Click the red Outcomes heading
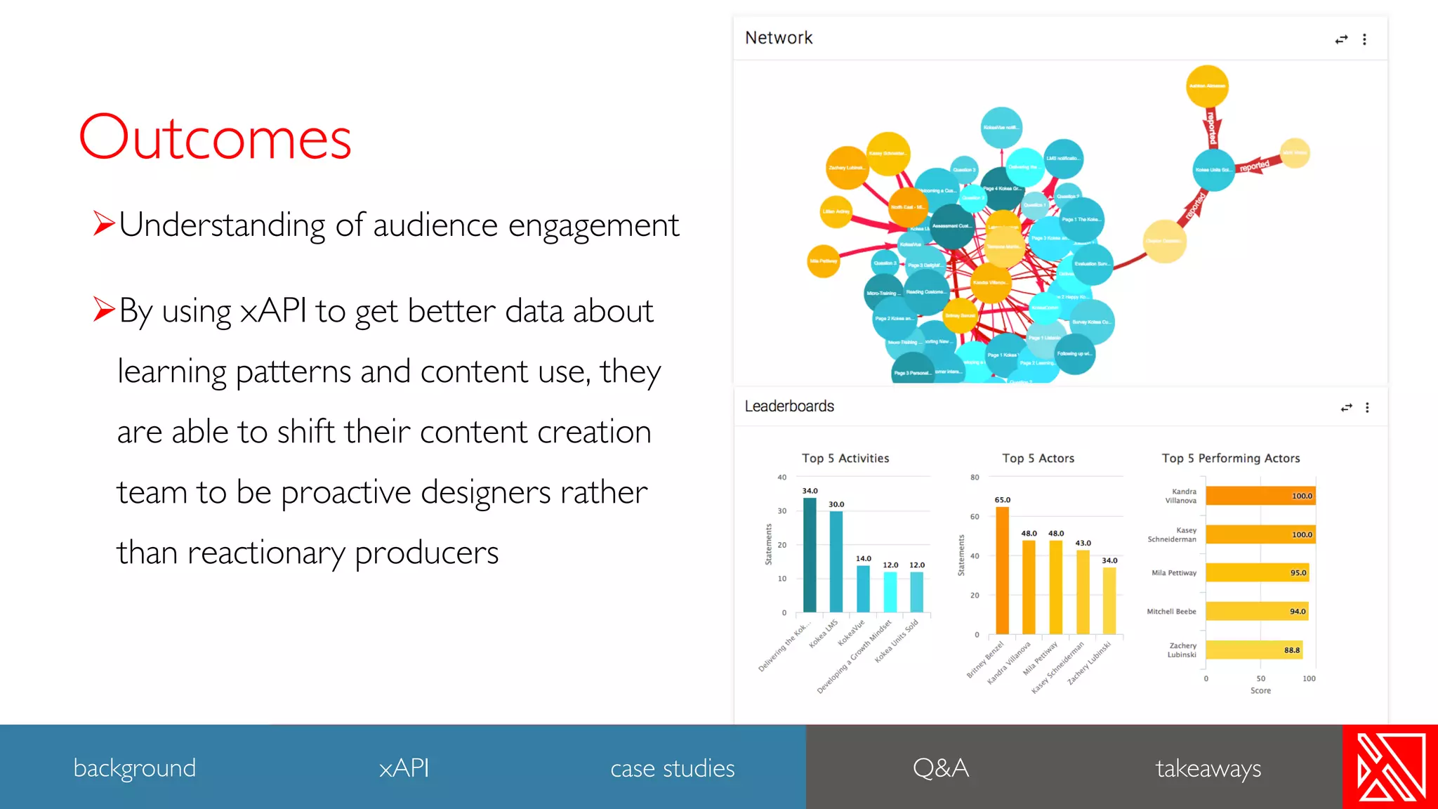click(215, 138)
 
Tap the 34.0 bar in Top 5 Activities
click(810, 555)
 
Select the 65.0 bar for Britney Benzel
click(1003, 570)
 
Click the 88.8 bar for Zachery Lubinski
click(1254, 650)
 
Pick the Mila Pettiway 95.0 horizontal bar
click(1257, 572)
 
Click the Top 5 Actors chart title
click(1038, 458)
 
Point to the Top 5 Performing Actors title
click(1230, 458)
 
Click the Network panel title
click(779, 38)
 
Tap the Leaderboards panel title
click(789, 406)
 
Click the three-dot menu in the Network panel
click(1364, 39)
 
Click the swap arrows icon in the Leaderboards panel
click(1346, 407)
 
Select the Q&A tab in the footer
click(940, 768)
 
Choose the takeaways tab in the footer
click(1208, 768)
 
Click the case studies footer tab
click(672, 768)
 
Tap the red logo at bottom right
click(1390, 767)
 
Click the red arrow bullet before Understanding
click(104, 223)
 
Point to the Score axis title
click(1260, 690)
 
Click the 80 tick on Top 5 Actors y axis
click(975, 478)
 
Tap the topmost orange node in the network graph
click(1207, 86)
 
